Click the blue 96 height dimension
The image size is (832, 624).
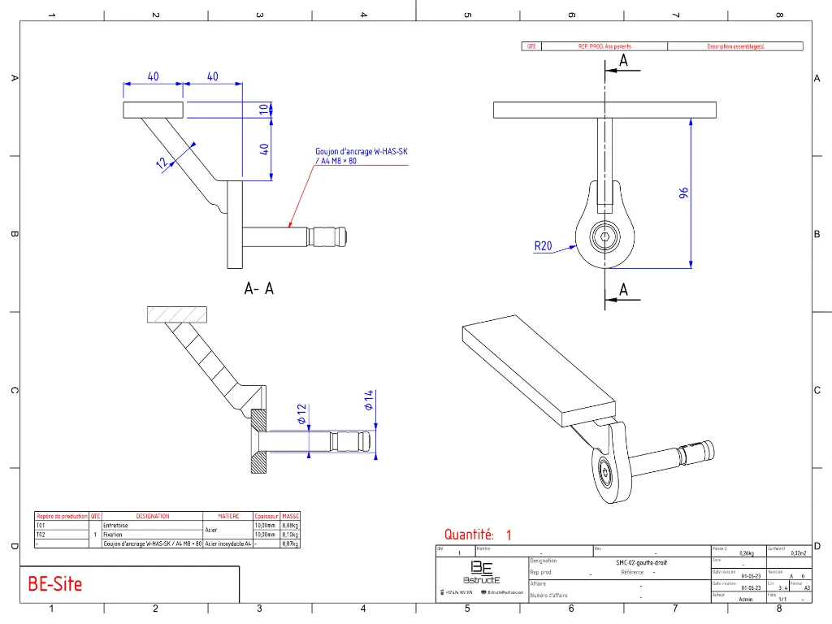coord(684,193)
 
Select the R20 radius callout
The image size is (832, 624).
coord(543,245)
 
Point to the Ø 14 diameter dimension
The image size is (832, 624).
coord(368,400)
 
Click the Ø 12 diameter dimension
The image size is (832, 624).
coord(301,414)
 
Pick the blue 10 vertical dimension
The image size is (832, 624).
coord(263,110)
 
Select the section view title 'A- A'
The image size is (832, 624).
coord(258,288)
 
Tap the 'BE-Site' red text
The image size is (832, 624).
coord(55,583)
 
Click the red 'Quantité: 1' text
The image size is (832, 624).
coord(478,535)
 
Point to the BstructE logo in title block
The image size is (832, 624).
coord(482,572)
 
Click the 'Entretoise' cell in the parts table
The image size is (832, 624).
coord(115,526)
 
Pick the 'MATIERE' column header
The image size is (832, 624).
coord(228,516)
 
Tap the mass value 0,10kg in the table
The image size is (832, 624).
coord(290,535)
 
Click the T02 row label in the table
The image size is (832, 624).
coord(41,535)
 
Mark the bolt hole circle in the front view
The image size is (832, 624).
coord(605,237)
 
